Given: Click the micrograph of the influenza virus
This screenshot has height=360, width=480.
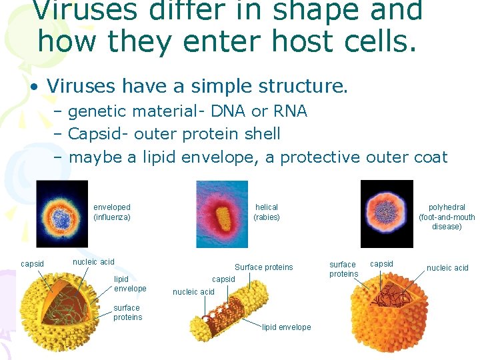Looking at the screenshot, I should pyautogui.click(x=62, y=214).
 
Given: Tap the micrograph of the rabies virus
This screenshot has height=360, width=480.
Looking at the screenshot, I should pyautogui.click(x=221, y=214).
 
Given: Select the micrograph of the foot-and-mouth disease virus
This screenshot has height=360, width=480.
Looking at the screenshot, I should pyautogui.click(x=387, y=214).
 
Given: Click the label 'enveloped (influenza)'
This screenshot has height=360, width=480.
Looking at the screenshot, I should pyautogui.click(x=112, y=213).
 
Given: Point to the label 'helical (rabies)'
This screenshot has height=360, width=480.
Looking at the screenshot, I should pyautogui.click(x=267, y=213).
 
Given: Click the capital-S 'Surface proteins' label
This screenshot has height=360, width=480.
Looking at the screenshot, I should pyautogui.click(x=263, y=267).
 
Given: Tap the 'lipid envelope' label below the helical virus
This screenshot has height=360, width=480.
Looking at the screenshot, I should pyautogui.click(x=287, y=327).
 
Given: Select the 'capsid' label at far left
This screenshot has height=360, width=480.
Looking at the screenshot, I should pyautogui.click(x=32, y=264).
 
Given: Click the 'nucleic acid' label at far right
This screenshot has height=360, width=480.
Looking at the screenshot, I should pyautogui.click(x=447, y=268).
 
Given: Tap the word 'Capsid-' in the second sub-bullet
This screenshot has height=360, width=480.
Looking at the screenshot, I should pyautogui.click(x=99, y=134).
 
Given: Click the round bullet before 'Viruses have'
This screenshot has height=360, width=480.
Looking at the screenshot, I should pyautogui.click(x=33, y=87).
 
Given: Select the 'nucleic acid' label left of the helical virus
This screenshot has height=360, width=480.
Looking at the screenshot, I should pyautogui.click(x=193, y=292).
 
